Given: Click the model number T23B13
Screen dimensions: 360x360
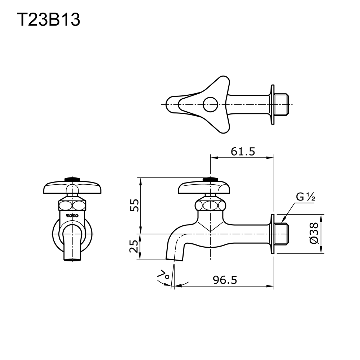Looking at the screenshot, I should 49,20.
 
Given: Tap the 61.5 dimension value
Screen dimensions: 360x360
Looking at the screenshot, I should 243,152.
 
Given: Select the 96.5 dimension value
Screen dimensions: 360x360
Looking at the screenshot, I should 225,280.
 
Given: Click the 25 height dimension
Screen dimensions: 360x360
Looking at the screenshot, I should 134,247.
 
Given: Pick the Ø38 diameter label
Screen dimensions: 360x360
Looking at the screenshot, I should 314,234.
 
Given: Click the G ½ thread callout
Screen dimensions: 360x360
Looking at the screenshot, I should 306,197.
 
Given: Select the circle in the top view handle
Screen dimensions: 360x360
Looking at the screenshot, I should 210,105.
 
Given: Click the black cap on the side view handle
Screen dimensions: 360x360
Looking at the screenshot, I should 210,179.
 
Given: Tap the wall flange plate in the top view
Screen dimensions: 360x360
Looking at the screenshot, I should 273,105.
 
